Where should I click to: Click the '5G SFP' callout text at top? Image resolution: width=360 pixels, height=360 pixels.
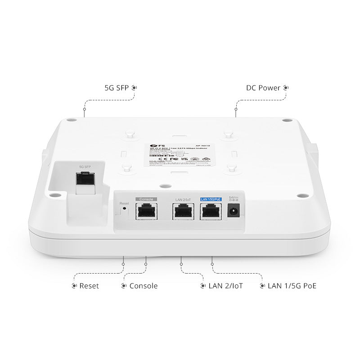(117, 88)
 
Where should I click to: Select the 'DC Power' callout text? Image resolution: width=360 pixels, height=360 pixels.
(263, 88)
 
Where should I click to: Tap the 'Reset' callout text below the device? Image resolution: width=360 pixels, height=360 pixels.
(89, 286)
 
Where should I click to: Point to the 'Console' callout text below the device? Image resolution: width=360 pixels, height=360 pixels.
(144, 286)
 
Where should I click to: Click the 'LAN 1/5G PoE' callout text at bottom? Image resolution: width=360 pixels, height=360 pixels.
(292, 286)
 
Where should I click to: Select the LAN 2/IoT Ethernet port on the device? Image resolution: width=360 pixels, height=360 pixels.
(183, 211)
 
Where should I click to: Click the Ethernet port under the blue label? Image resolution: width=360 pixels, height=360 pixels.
(211, 211)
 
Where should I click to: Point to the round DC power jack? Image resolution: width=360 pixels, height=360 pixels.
(234, 211)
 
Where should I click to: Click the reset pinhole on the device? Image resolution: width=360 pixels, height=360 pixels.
(124, 210)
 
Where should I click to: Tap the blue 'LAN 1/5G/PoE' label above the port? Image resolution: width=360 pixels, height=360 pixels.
(211, 199)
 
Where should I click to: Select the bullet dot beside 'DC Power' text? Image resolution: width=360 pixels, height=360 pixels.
(286, 88)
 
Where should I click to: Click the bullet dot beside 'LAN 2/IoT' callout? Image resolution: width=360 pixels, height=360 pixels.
(203, 286)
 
